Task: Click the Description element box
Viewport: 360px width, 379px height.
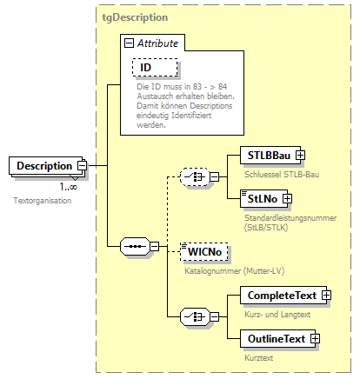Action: [x=43, y=165]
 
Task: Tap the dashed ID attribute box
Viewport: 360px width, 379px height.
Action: [x=155, y=66]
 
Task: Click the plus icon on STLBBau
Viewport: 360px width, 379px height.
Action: [x=300, y=155]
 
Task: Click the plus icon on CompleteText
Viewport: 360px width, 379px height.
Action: [x=326, y=296]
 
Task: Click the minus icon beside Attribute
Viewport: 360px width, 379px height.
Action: [x=129, y=41]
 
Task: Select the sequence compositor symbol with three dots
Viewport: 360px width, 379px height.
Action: [x=134, y=246]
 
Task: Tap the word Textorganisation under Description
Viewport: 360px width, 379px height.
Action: [x=42, y=201]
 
